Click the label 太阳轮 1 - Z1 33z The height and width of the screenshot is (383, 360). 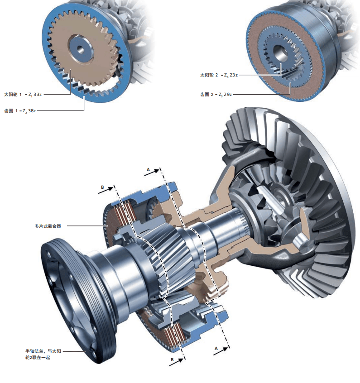[x=23, y=95]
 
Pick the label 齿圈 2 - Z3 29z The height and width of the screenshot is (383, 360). [x=216, y=95]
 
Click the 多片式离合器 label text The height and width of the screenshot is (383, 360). [x=48, y=225]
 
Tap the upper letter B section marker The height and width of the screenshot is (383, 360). [x=102, y=187]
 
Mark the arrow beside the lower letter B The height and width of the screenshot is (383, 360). [x=179, y=359]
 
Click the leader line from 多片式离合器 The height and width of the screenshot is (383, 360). [x=84, y=225]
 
